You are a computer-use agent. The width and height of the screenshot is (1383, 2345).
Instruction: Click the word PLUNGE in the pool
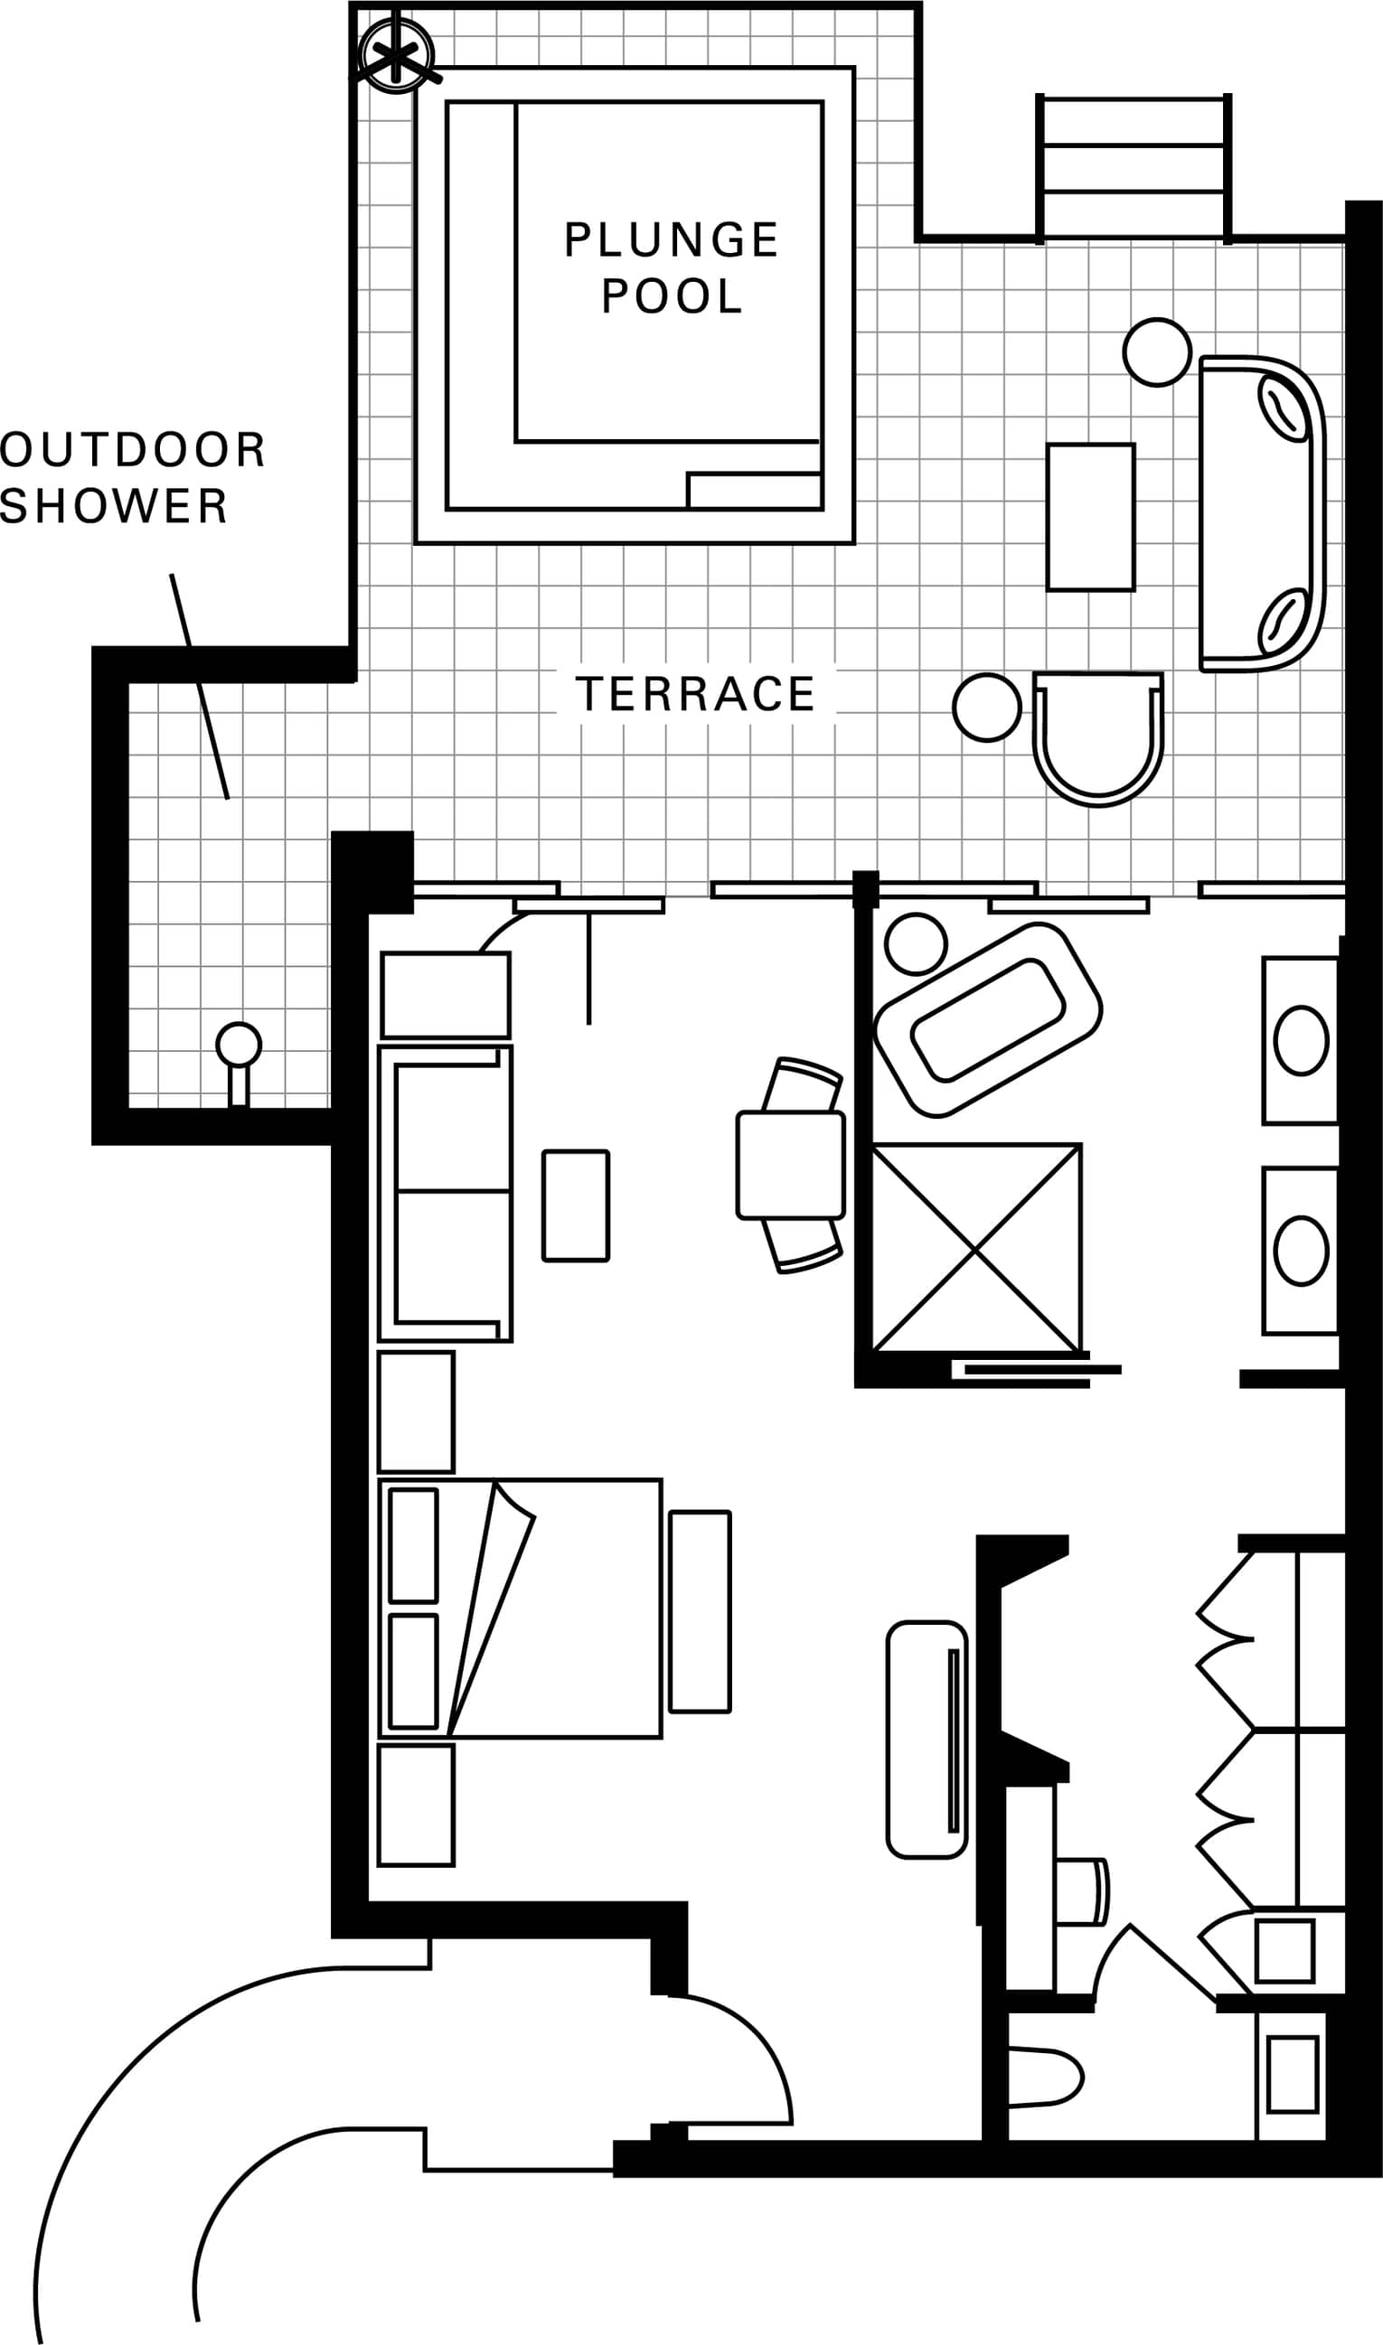(x=671, y=239)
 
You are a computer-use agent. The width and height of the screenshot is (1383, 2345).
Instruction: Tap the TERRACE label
(x=695, y=694)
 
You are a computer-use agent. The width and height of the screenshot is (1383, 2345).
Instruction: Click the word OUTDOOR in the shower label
(x=132, y=450)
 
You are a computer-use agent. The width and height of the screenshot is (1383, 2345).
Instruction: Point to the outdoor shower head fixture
(x=239, y=1046)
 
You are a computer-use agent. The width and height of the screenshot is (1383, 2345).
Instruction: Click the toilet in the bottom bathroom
(x=1045, y=2077)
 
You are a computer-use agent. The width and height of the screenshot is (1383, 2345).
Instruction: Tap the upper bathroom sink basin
(x=1301, y=1041)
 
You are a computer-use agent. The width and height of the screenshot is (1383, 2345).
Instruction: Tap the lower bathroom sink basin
(x=1301, y=1252)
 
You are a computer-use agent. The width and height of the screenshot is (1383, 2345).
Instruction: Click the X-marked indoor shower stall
(x=976, y=1249)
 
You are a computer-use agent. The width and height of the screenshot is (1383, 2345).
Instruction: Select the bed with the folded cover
(x=520, y=1608)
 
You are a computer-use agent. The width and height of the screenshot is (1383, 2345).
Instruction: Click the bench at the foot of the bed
(x=700, y=1612)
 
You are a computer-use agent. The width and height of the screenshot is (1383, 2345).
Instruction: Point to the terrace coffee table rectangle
(x=1090, y=517)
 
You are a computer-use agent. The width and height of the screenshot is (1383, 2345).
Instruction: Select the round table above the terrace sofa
(x=1157, y=352)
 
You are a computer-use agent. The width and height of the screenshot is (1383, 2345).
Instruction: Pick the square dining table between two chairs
(x=790, y=1165)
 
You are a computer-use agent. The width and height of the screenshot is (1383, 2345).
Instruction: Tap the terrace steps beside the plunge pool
(x=1134, y=169)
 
